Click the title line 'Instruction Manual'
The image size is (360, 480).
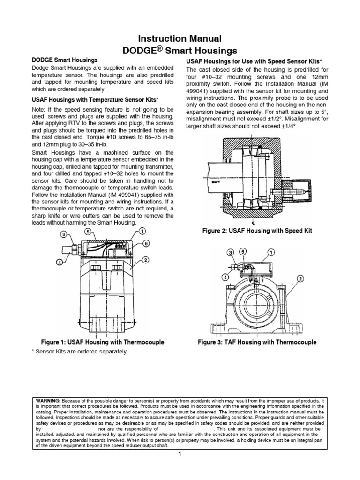tap(180, 39)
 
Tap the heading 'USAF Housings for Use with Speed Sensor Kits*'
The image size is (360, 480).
tap(257, 62)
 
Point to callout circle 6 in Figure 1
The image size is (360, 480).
tap(147, 244)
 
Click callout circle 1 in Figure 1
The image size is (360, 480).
tap(142, 231)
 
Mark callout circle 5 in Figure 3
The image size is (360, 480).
tap(243, 252)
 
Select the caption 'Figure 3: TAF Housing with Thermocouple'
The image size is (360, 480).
tap(257, 342)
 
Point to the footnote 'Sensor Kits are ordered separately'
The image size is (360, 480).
tap(81, 351)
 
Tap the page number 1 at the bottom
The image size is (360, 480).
tap(180, 454)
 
